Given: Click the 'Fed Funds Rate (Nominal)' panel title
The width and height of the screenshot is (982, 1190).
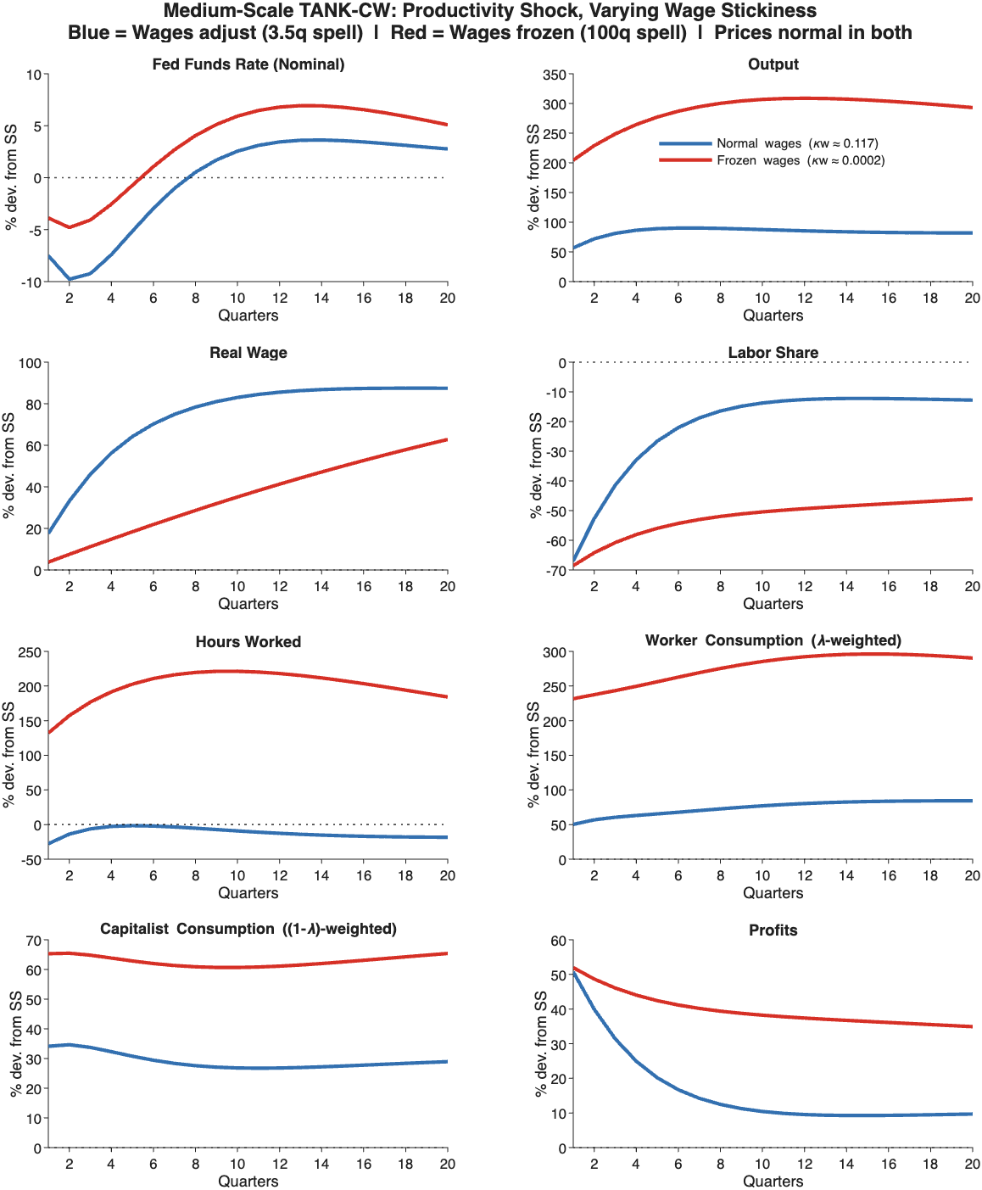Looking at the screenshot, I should tap(248, 64).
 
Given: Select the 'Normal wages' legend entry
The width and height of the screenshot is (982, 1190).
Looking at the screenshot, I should tap(758, 143).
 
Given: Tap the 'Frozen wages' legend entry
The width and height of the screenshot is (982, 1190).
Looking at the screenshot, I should tap(758, 160).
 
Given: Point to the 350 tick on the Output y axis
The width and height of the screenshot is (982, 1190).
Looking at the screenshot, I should tap(555, 75).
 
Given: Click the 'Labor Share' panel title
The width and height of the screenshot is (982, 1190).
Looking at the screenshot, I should tap(773, 353).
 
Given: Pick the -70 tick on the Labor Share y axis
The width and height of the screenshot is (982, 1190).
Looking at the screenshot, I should tap(556, 571).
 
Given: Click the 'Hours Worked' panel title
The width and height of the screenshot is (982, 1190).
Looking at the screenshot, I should tap(248, 642).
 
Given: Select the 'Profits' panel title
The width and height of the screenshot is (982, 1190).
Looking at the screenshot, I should tap(773, 930).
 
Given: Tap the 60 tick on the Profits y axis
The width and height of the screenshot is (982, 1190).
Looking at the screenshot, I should tap(558, 941).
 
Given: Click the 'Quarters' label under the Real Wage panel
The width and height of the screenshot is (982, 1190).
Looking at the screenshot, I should tap(248, 604).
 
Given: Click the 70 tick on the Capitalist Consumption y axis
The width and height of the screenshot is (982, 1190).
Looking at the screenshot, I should tap(33, 941).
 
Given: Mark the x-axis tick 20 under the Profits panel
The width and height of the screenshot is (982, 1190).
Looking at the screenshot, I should tap(972, 1164).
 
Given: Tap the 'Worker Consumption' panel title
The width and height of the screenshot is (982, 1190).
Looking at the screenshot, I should tap(773, 640).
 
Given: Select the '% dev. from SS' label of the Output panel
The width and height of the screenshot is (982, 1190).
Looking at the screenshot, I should tap(533, 177).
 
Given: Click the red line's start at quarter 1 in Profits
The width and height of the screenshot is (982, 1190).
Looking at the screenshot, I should tap(573, 968).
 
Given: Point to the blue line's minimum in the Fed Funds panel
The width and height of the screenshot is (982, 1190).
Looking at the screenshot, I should tap(70, 279).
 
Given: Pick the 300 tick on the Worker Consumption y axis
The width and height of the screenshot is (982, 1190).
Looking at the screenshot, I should tap(555, 652).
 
